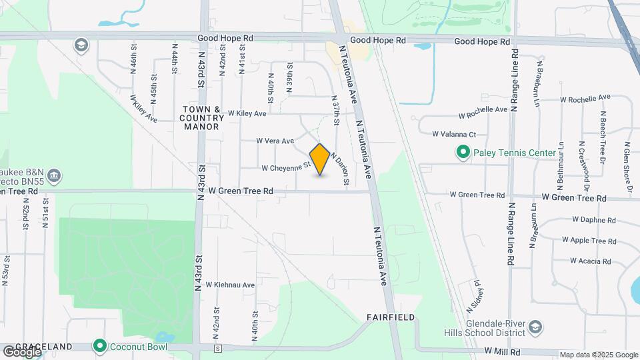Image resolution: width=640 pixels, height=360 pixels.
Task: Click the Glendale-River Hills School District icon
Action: [535, 327]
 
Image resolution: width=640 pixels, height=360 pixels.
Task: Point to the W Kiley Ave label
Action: [247, 114]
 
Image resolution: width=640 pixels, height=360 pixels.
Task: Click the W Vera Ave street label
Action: [275, 141]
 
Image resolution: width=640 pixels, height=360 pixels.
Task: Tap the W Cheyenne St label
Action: [287, 167]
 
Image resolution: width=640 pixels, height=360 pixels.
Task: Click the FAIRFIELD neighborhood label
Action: [391, 317]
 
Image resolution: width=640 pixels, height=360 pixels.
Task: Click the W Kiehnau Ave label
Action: [230, 285]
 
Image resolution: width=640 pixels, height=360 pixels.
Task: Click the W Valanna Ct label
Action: [454, 134]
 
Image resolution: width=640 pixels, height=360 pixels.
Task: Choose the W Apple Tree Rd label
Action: [589, 240]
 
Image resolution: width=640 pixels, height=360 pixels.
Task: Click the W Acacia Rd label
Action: [590, 261]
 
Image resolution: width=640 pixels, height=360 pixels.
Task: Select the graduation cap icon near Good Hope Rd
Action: [82, 45]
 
